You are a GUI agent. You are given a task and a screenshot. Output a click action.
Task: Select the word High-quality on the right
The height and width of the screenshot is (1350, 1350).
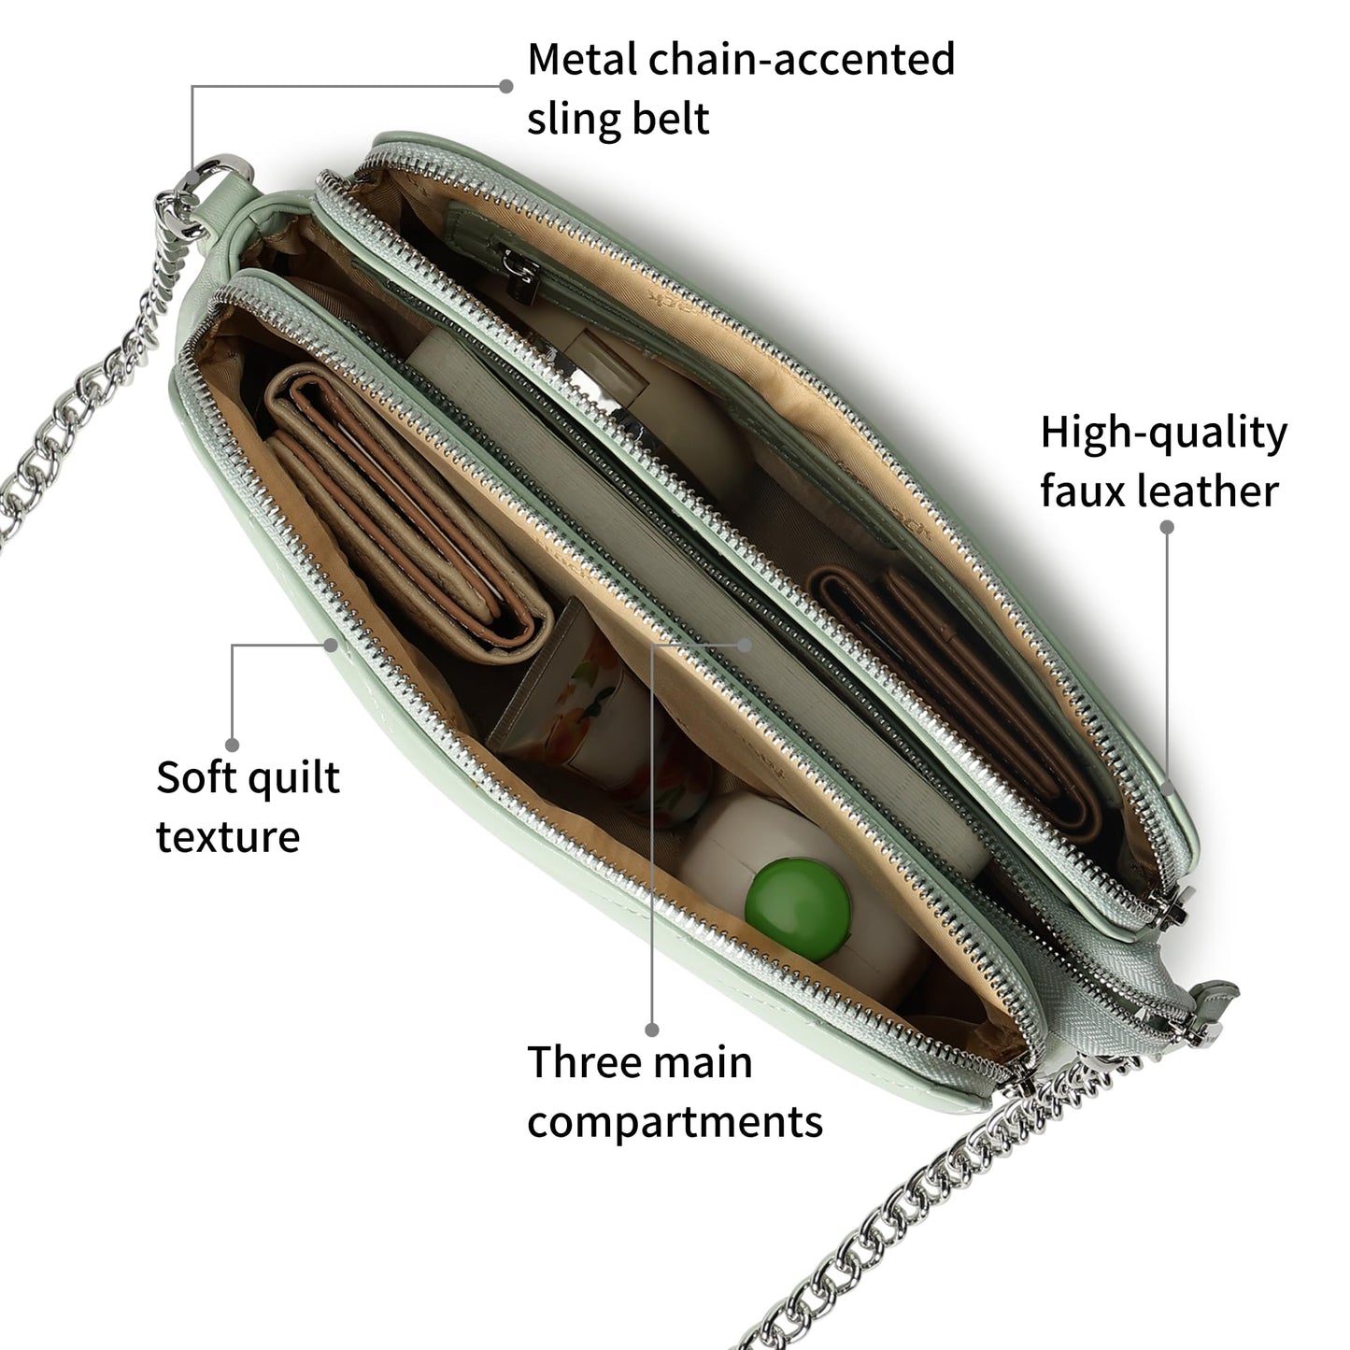pyautogui.click(x=1163, y=433)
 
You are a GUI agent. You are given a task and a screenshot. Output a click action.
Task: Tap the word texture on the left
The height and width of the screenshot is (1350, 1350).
pyautogui.click(x=228, y=837)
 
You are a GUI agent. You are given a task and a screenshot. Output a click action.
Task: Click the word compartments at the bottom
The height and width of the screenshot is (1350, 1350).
pyautogui.click(x=675, y=1121)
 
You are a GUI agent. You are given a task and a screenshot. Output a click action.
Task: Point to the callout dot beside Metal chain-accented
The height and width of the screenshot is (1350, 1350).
pyautogui.click(x=506, y=86)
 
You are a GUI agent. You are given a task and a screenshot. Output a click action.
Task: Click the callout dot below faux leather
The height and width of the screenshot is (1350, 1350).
pyautogui.click(x=1167, y=527)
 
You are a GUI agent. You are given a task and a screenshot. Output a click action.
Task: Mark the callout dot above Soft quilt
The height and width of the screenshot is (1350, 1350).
pyautogui.click(x=232, y=745)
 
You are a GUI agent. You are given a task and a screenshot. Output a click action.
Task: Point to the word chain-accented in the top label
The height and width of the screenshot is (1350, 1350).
pyautogui.click(x=802, y=60)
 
